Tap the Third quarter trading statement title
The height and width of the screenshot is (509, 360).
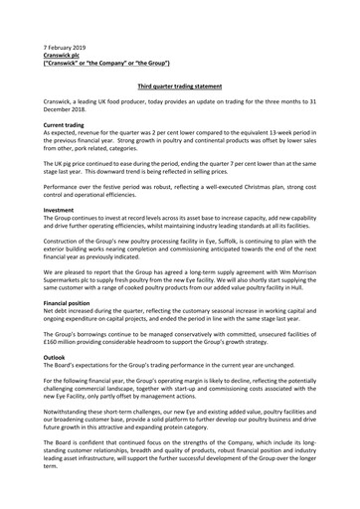click(x=179, y=88)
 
